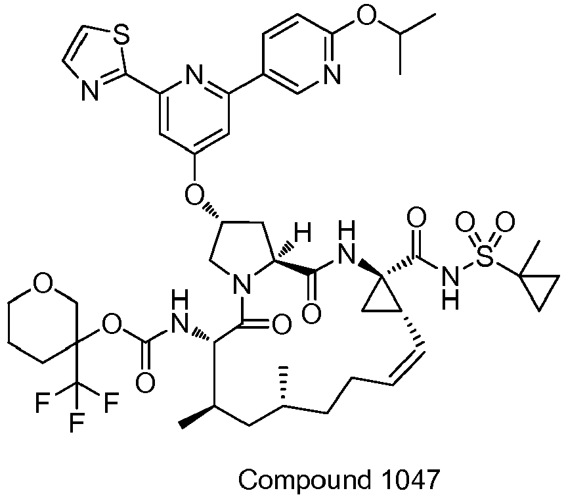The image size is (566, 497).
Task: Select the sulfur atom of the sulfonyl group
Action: [x=485, y=262]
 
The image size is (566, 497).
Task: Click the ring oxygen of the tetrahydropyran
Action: [x=43, y=284]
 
